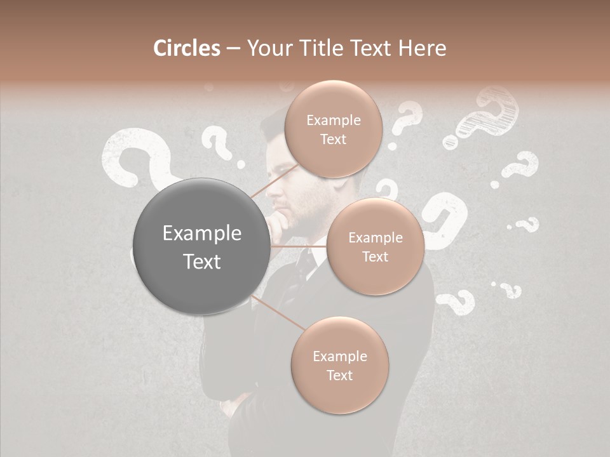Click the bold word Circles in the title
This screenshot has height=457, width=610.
(x=186, y=48)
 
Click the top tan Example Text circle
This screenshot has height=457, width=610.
(x=333, y=129)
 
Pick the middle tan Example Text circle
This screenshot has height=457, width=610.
(x=375, y=247)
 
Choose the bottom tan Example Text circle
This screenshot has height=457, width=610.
(x=339, y=365)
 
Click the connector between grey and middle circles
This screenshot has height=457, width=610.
(x=299, y=246)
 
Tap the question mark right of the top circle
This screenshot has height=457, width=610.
(x=404, y=124)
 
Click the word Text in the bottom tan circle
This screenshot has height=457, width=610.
(x=339, y=375)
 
